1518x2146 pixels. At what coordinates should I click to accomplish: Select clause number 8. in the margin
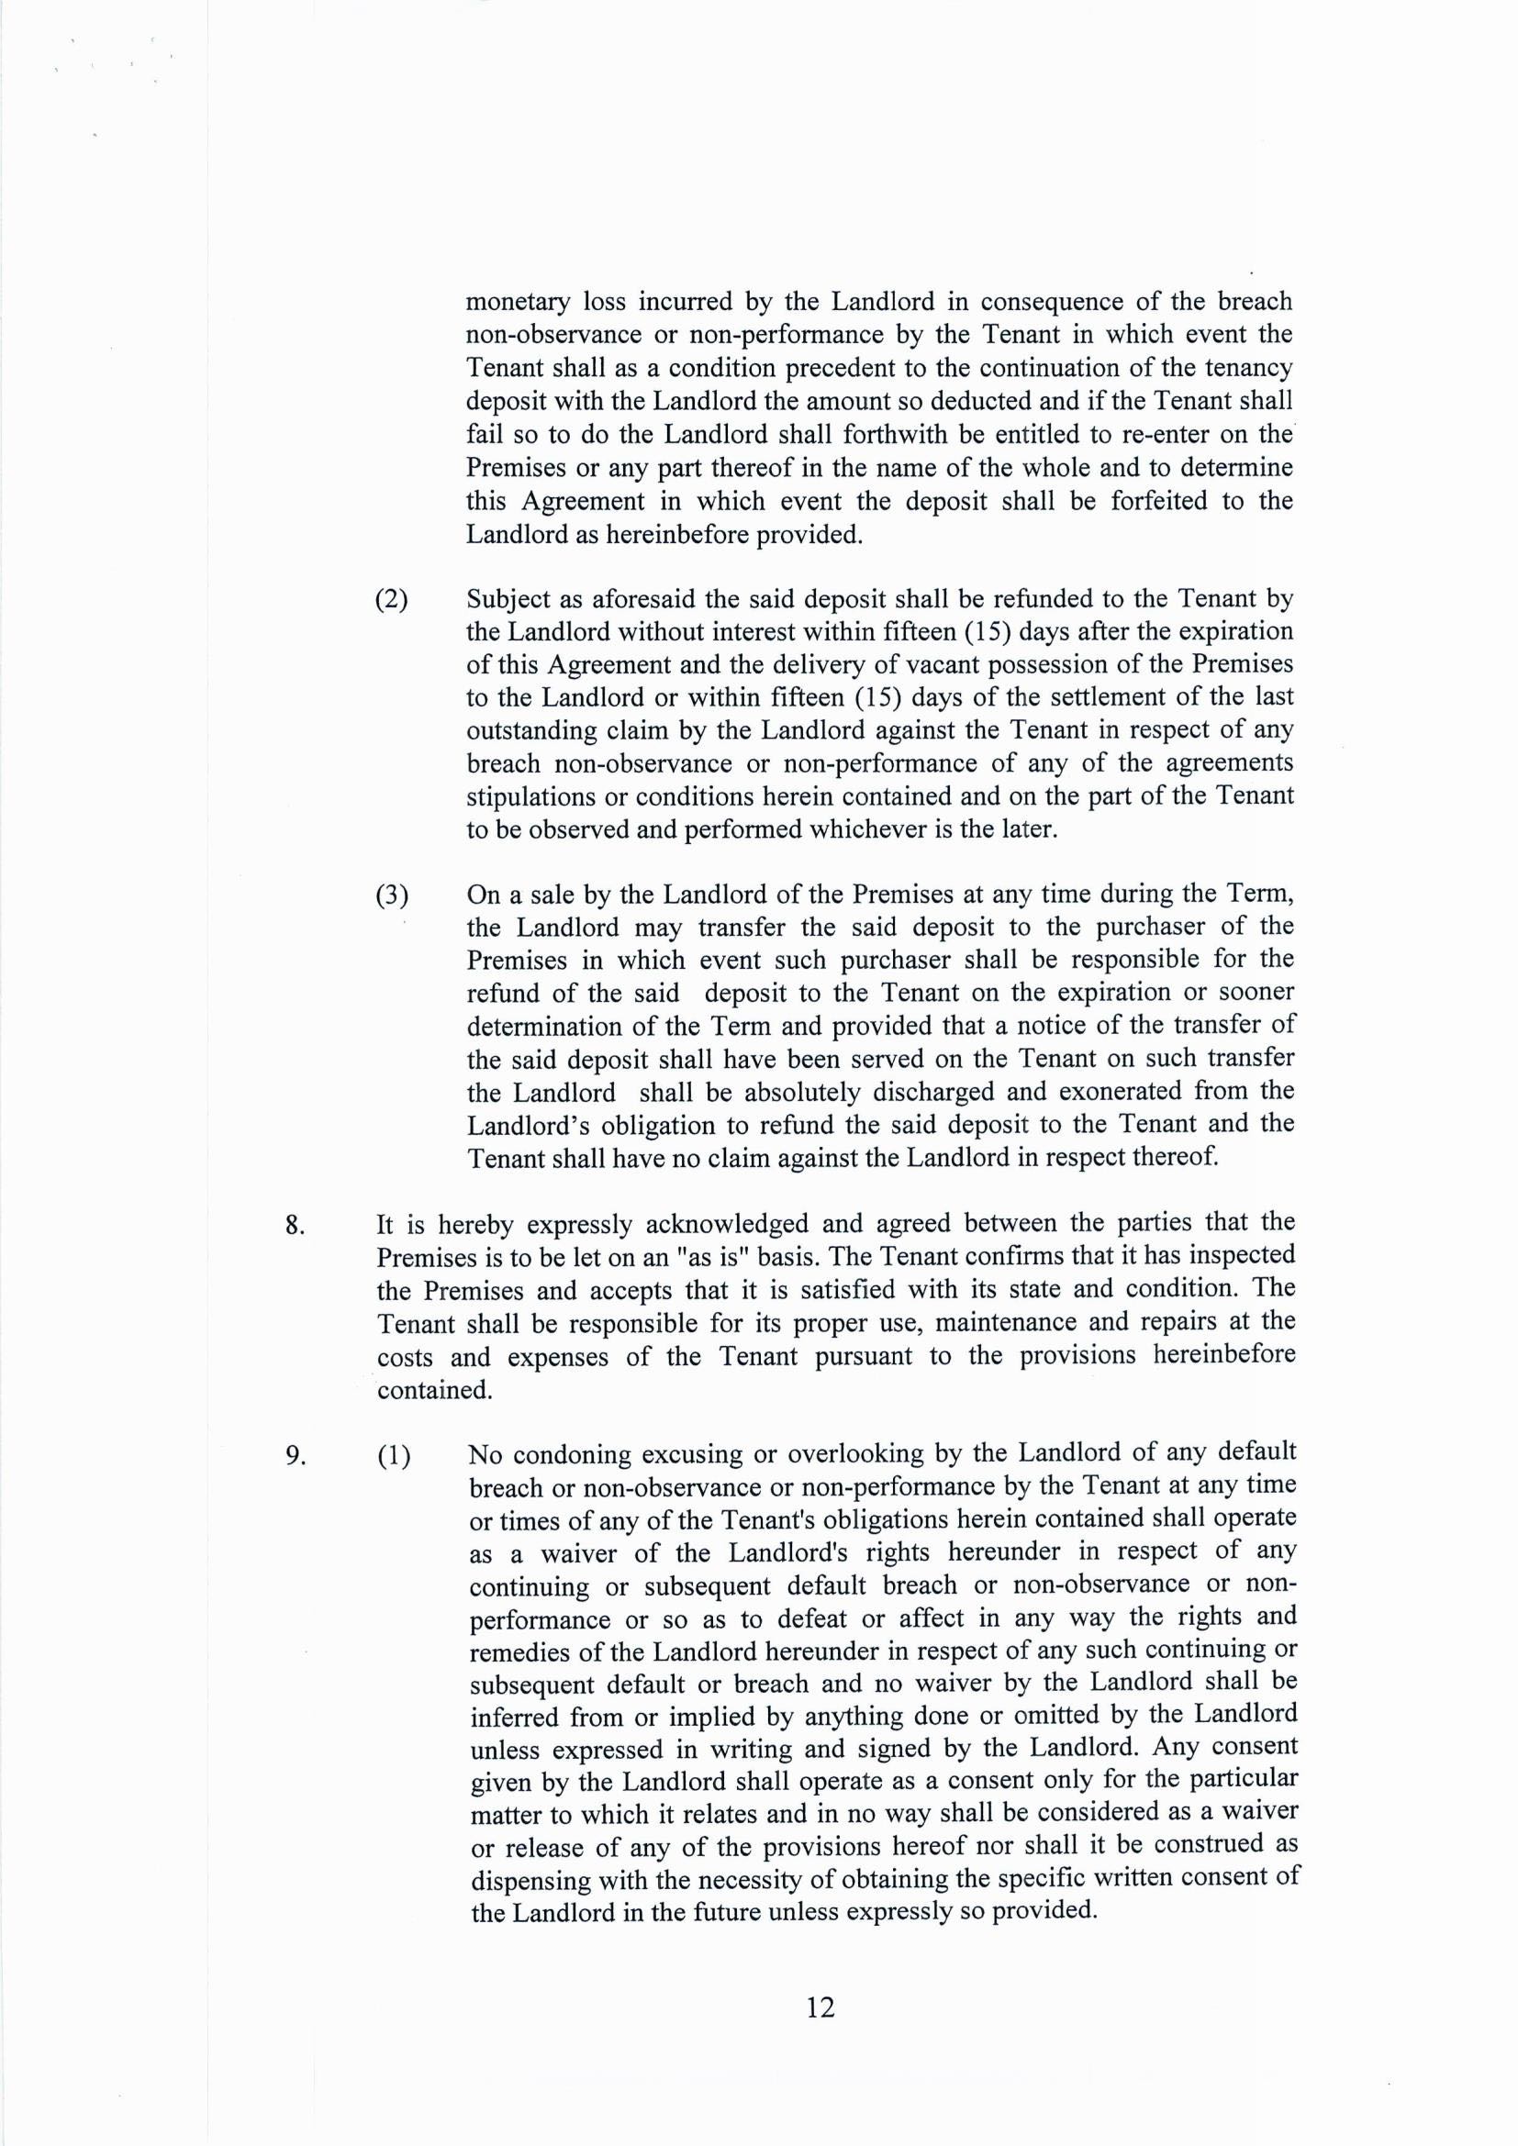click(296, 1226)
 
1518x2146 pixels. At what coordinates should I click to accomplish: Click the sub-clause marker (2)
click(392, 599)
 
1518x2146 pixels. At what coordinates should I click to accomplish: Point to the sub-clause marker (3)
click(392, 895)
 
